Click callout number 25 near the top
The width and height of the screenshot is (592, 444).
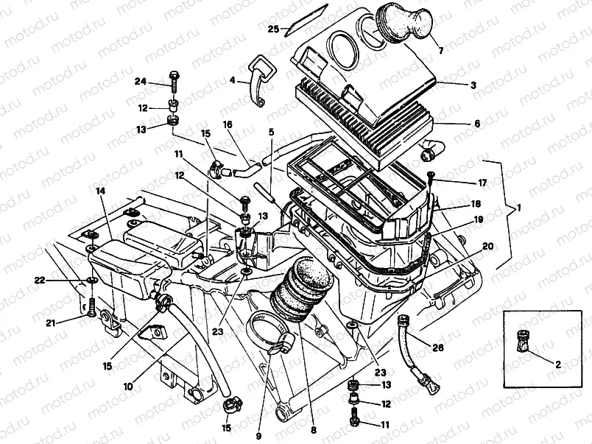click(x=272, y=29)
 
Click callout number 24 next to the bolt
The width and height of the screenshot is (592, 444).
click(x=141, y=81)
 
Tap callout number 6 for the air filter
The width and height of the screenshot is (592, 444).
click(x=476, y=124)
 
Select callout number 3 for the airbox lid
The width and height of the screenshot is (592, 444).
click(x=473, y=85)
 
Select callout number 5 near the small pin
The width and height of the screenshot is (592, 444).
click(x=271, y=132)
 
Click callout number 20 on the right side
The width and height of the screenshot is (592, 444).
click(x=487, y=245)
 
